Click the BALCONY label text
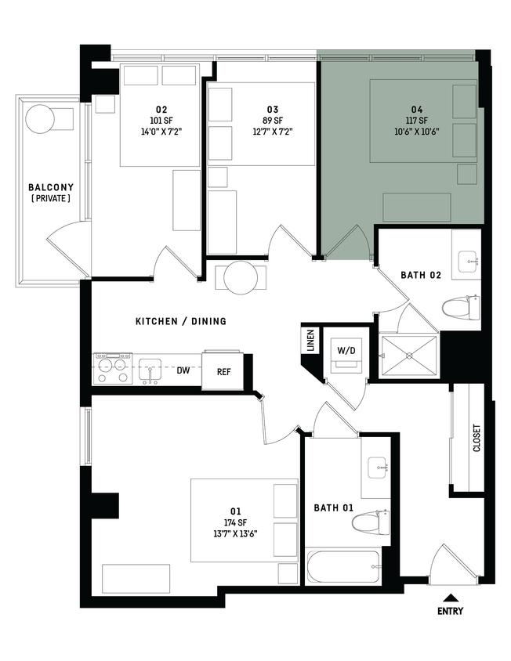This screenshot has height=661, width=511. coord(51,187)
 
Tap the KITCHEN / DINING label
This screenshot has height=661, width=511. coord(181,321)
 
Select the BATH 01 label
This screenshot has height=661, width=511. coord(334,507)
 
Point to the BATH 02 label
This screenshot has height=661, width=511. coord(422,275)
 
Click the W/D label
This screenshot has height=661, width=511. coord(346,350)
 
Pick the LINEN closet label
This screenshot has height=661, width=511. coord(310,341)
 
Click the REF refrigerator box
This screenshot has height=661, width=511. coord(223,372)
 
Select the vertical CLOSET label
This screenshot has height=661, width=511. coord(477,439)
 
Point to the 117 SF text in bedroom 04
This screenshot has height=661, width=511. coord(422,120)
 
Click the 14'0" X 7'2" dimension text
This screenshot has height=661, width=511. coord(161,132)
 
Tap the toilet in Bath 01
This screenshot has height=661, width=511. coord(373,522)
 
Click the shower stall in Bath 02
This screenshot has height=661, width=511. coord(408,356)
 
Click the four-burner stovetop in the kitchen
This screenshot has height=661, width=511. coord(113,369)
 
